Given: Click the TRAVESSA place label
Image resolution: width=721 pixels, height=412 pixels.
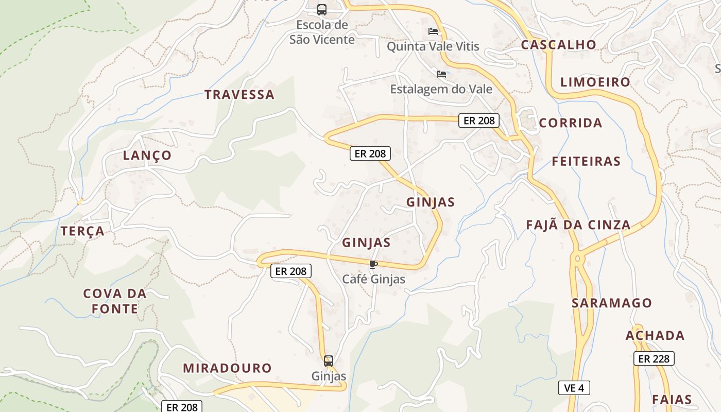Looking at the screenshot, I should point(239,95).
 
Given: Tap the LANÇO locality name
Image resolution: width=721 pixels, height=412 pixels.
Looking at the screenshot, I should point(147,156).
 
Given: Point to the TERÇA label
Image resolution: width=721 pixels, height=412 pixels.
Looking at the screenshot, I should point(83,231).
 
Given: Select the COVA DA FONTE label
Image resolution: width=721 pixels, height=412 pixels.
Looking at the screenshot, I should point(115,301).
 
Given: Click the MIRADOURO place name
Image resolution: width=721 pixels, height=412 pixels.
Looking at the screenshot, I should point(227,368).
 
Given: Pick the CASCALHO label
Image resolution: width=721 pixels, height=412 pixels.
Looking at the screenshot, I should point(558,45).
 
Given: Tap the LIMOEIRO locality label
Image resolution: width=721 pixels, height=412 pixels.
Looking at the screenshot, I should point(595,82).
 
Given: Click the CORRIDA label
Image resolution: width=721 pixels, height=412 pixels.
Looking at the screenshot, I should point(571,123).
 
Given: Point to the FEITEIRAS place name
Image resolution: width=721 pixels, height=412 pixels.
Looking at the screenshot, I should point(586,162).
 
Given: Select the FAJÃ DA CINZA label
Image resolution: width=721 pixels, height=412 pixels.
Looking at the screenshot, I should point(578,225).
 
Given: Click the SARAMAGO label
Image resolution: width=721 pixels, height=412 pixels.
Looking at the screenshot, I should point(612,303).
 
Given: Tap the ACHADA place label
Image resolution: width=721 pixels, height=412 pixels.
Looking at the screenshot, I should point(655,336).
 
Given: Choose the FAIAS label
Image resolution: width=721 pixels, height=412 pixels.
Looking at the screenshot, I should point(672,400).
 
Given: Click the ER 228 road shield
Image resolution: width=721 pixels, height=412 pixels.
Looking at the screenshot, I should point(654,359).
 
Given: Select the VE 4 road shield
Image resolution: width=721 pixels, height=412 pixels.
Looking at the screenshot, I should point(574,388).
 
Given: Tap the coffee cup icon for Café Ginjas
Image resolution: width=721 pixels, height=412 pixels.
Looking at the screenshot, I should point(373,265).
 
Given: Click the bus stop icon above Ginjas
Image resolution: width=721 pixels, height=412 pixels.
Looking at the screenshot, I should point(329,360).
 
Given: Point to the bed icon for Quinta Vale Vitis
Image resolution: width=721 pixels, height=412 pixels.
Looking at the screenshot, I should point(433,32).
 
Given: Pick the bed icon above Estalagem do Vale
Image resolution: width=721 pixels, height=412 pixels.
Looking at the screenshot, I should point(441,74).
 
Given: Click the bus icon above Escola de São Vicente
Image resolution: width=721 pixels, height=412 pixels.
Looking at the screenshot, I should point(322,10).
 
